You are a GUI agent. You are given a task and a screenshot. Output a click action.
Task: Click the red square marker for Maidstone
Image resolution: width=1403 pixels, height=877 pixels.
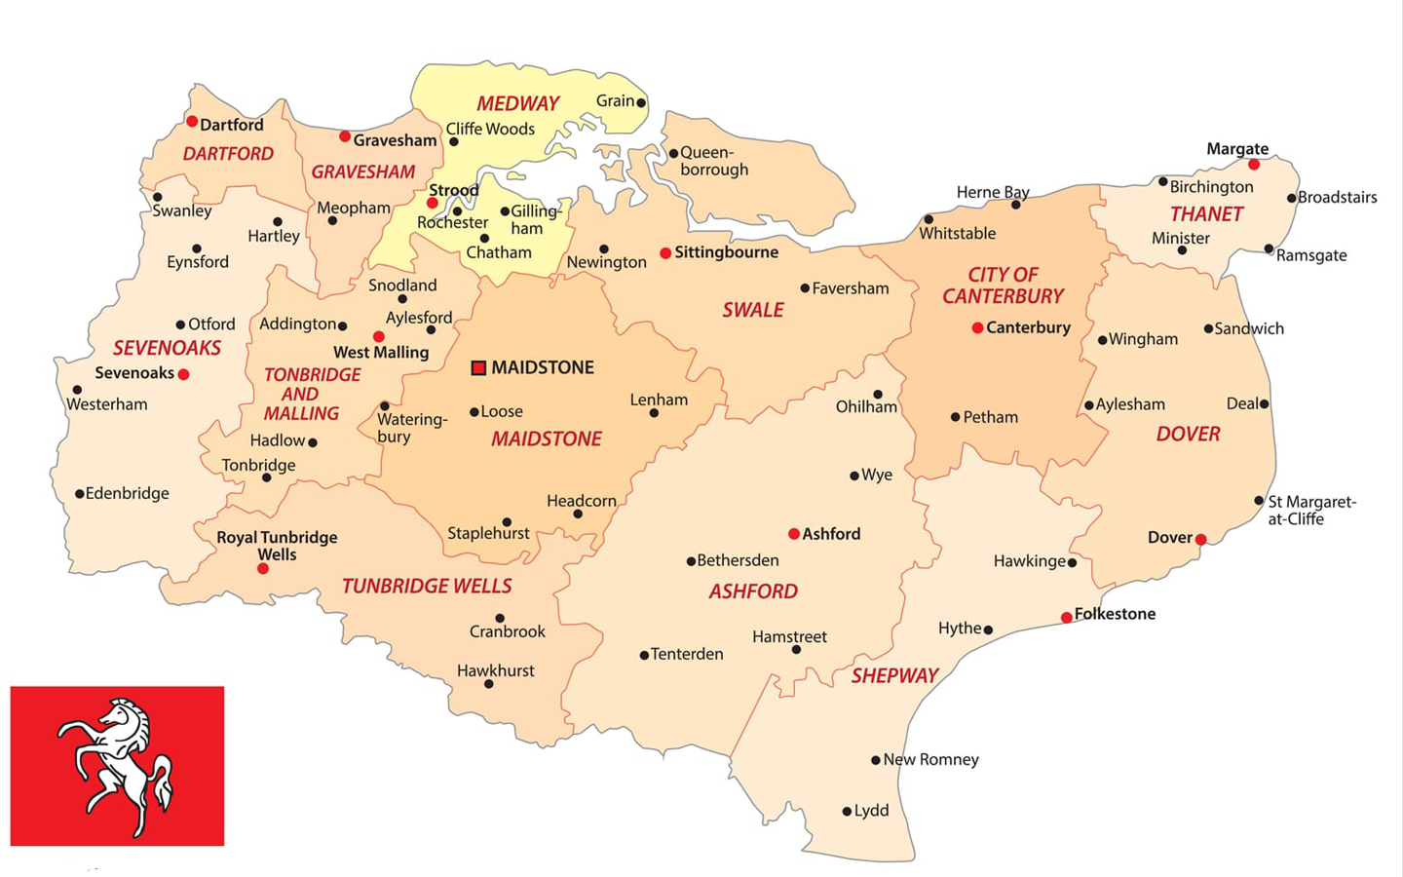point(478,367)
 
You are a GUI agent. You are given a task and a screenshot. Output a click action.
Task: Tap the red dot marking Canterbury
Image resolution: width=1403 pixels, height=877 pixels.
point(977,328)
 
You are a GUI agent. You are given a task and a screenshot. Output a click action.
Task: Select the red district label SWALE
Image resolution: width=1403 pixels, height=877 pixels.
point(752,310)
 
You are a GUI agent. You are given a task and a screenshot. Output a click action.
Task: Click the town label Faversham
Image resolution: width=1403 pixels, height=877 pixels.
point(850,288)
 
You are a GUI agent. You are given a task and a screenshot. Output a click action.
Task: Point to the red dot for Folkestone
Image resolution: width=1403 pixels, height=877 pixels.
point(1067,617)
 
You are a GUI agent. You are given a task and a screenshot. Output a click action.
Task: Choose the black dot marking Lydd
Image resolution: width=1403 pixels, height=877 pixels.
point(847,811)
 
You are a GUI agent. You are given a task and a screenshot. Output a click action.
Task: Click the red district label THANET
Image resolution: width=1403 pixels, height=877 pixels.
point(1206,214)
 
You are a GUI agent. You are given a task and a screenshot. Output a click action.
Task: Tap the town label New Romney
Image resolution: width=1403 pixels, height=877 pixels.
point(930,759)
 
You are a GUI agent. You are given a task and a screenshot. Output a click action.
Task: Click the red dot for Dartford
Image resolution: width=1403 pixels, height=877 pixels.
point(192,122)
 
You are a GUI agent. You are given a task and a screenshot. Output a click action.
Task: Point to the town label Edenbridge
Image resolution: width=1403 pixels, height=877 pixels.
point(127,493)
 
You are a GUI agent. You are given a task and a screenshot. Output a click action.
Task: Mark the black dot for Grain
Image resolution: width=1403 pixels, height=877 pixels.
point(641,102)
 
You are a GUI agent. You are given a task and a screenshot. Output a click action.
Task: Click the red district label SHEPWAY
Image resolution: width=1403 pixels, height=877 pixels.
point(894,675)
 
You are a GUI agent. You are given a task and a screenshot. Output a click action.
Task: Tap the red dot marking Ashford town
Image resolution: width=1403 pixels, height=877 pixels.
point(794,534)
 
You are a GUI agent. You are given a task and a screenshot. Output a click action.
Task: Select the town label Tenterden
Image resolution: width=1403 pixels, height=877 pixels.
point(687,654)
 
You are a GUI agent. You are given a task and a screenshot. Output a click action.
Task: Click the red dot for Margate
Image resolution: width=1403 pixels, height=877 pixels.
point(1254,165)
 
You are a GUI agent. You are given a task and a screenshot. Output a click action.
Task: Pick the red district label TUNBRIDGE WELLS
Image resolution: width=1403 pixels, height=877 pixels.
point(427,586)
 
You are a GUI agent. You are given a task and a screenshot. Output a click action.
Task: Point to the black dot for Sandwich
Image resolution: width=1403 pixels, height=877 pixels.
point(1208,329)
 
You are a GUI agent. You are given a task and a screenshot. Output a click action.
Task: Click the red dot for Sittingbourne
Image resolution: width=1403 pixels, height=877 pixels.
point(665,253)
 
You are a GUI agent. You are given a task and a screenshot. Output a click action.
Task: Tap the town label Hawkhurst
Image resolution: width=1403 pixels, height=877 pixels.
point(495,670)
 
